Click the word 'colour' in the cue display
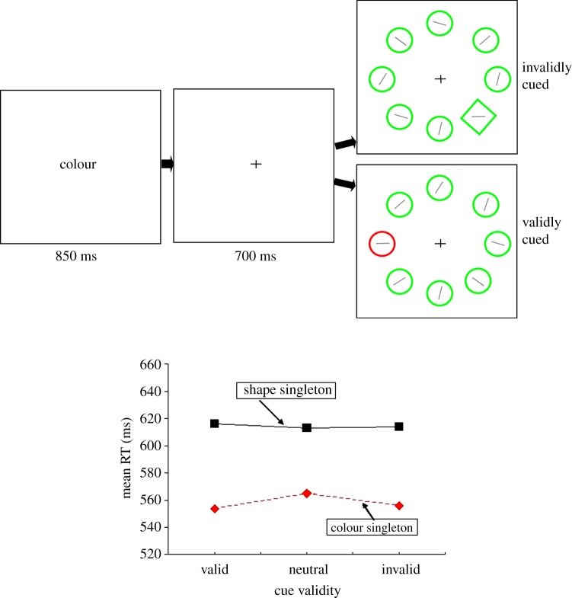[x=78, y=164]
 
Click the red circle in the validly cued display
[x=382, y=244]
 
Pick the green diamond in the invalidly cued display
[x=478, y=117]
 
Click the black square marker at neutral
[x=306, y=427]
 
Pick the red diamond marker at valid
[x=215, y=508]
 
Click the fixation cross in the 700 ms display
[x=256, y=164]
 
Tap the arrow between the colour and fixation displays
[x=168, y=164]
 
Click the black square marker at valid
[x=215, y=424]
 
